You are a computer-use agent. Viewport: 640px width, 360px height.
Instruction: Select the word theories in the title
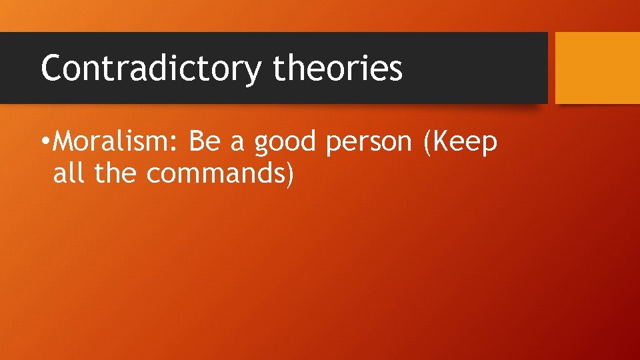[x=338, y=68]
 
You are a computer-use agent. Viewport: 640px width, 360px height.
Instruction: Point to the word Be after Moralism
[x=203, y=141]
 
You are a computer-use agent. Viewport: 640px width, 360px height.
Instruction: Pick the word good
[x=286, y=143]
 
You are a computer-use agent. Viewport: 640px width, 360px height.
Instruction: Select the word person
[x=369, y=143]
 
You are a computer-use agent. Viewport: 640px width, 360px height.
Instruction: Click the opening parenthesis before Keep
[x=427, y=142]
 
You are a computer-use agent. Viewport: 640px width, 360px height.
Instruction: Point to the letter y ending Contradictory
[x=253, y=72]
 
